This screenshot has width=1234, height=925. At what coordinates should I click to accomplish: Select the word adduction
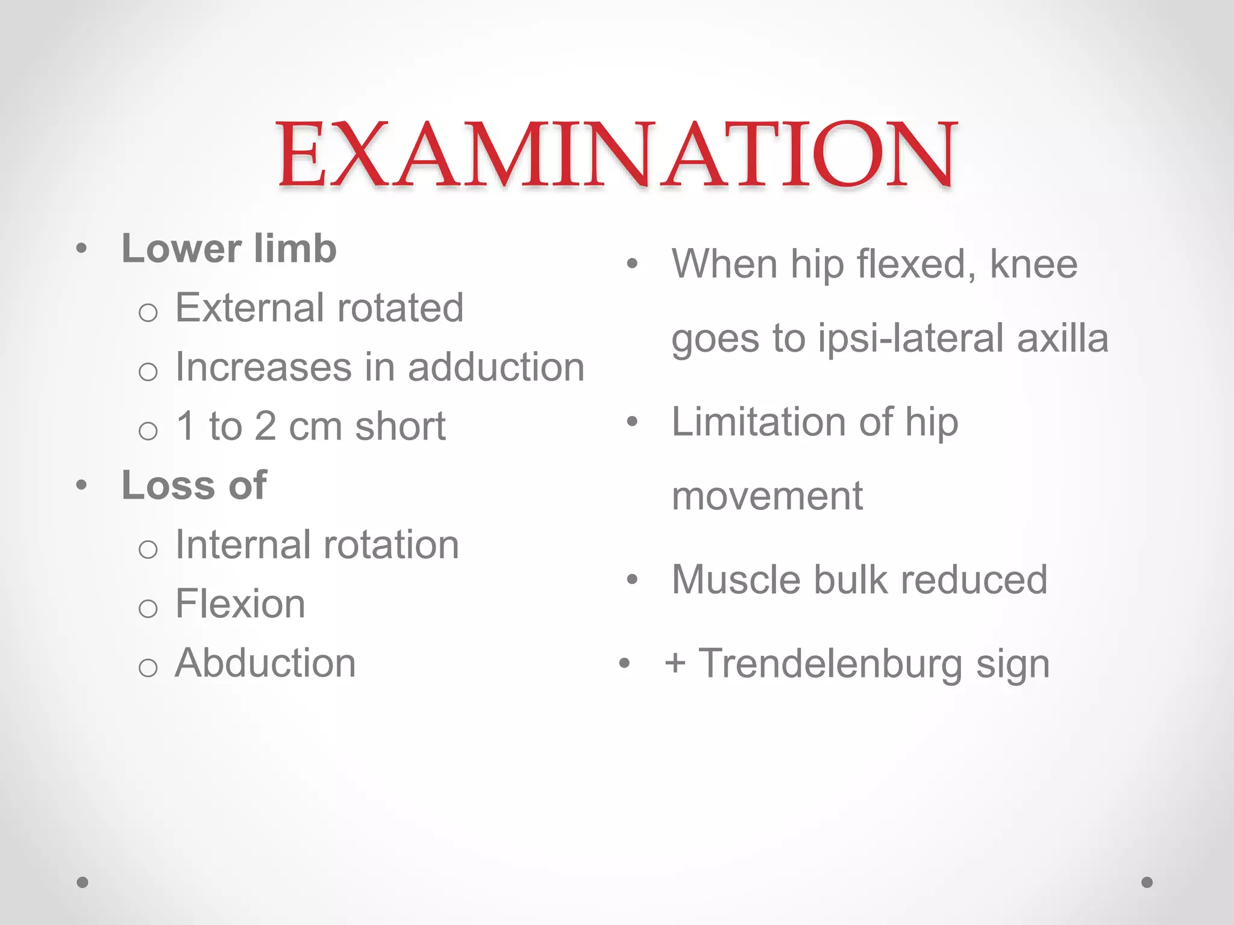click(496, 367)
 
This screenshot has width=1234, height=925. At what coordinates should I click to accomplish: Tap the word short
click(400, 426)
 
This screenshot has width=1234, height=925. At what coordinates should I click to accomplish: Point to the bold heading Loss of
click(194, 485)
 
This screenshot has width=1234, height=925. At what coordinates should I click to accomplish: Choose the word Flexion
click(240, 604)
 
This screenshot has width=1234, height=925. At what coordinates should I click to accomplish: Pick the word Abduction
click(265, 663)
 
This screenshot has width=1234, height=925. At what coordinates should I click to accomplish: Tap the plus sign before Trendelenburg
click(675, 663)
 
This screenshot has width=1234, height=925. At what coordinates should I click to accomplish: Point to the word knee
click(1033, 264)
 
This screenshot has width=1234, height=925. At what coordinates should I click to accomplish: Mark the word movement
click(767, 497)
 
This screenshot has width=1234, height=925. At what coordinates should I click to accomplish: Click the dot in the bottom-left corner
click(83, 882)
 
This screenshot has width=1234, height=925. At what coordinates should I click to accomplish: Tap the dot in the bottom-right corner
click(1147, 882)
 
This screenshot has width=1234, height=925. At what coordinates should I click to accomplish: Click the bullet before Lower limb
click(82, 248)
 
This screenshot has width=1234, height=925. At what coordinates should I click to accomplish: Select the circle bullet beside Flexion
click(148, 608)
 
